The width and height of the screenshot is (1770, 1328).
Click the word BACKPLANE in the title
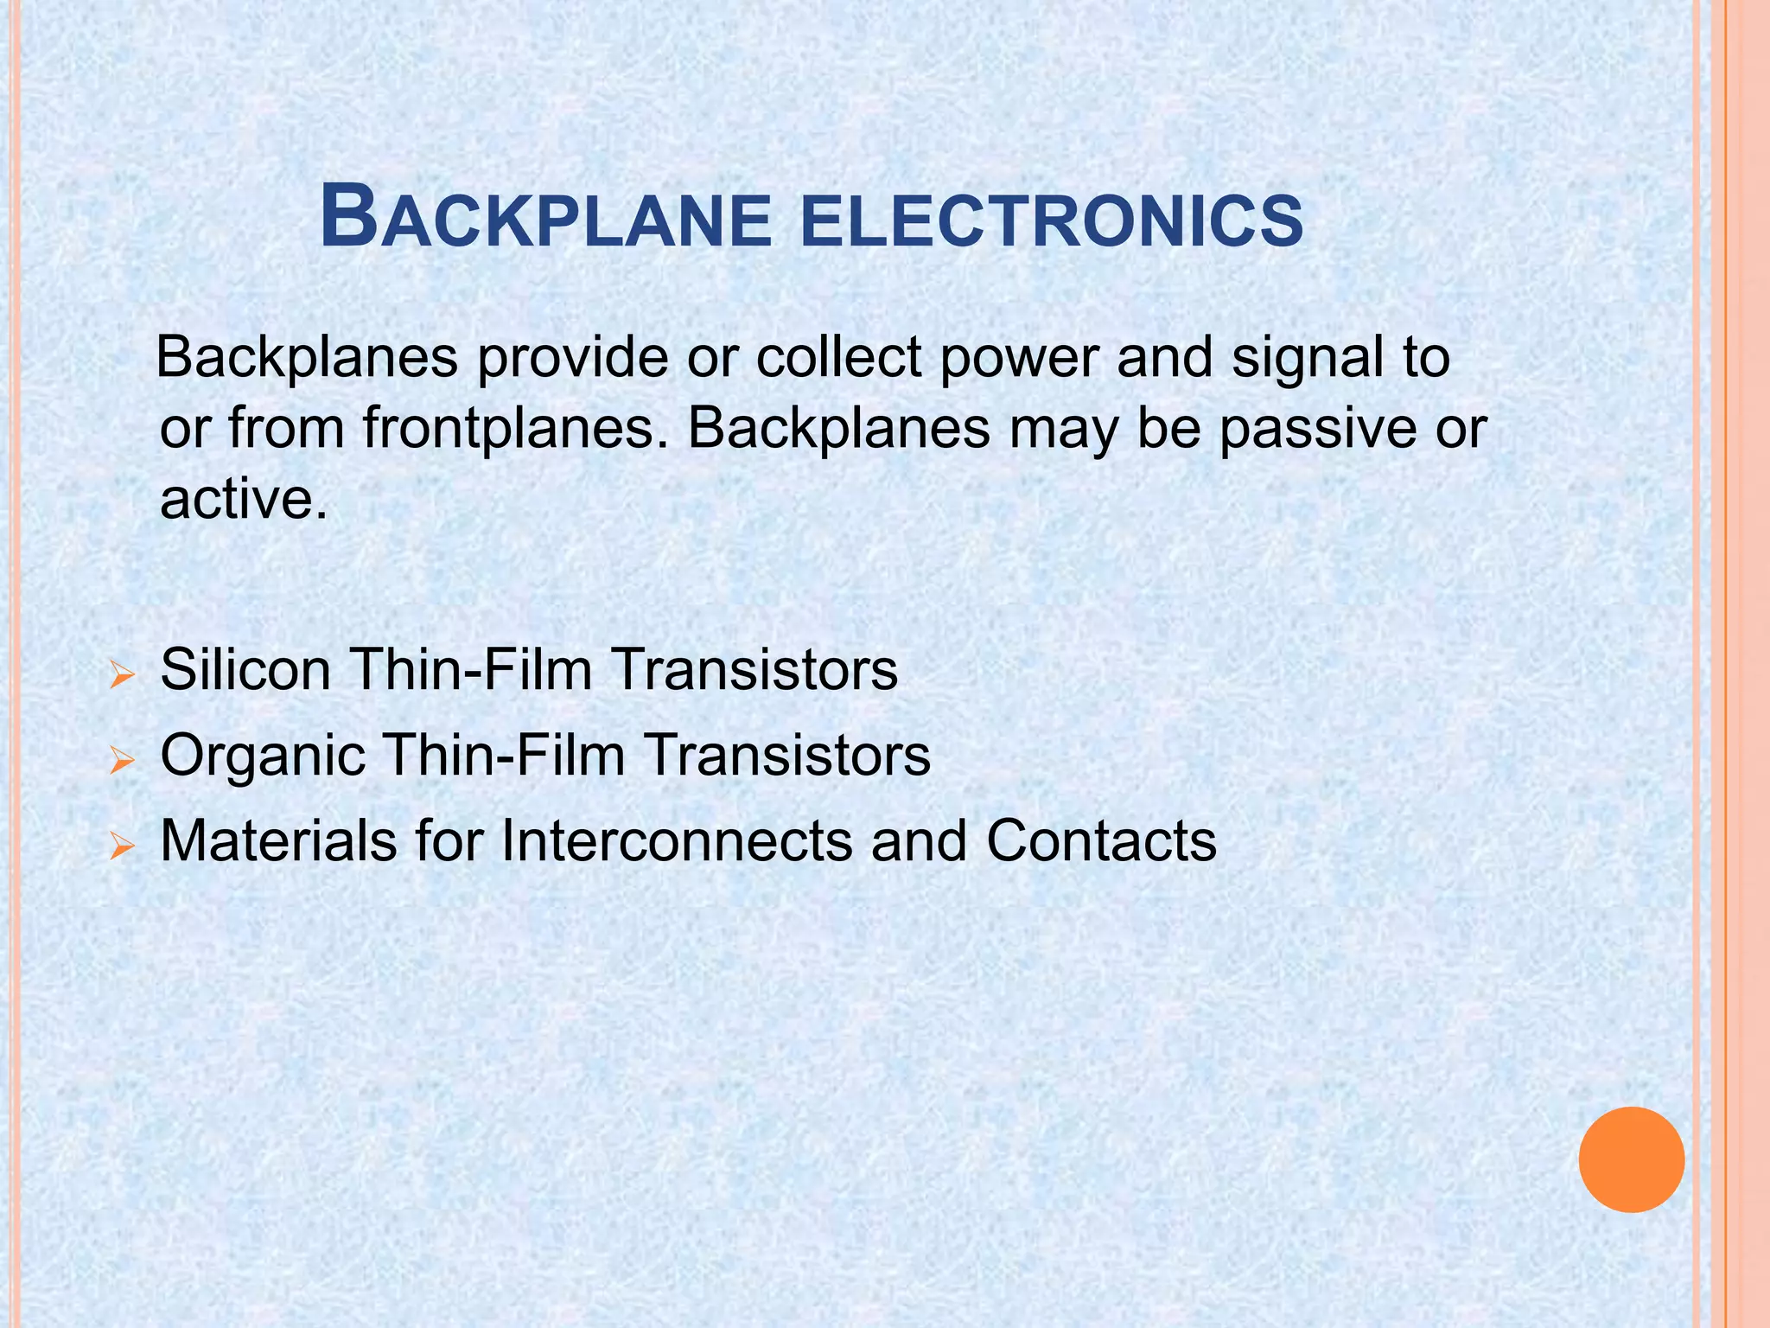click(545, 220)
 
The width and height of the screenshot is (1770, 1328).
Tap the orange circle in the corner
click(1631, 1159)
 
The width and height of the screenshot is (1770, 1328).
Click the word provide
click(572, 359)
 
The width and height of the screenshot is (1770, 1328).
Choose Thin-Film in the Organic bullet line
click(504, 756)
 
